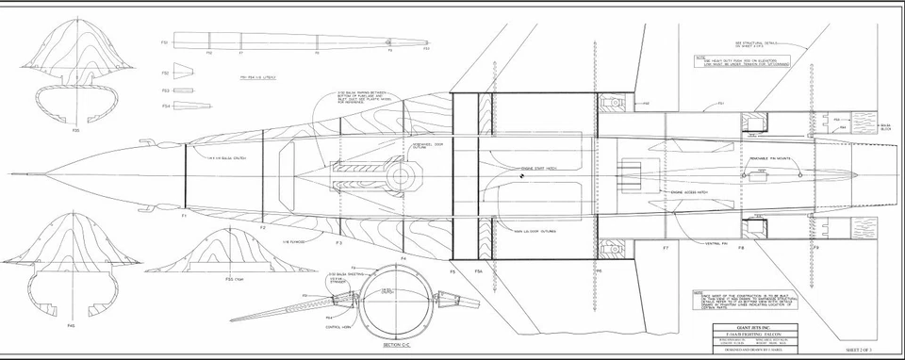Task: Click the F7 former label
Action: tap(665, 247)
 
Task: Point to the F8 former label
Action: tap(742, 247)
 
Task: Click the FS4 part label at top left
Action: tap(165, 106)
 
